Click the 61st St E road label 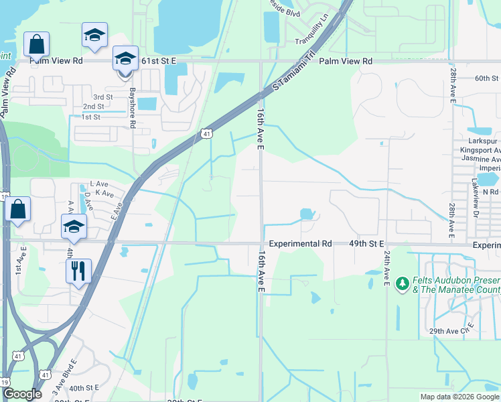[x=158, y=61]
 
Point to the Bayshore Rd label [x=133, y=107]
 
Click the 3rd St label [x=102, y=97]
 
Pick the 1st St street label [x=90, y=117]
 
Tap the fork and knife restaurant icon [x=78, y=271]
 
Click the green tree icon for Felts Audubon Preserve [x=403, y=284]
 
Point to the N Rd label [x=491, y=192]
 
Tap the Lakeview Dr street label [x=473, y=202]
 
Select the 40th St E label [x=84, y=387]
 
